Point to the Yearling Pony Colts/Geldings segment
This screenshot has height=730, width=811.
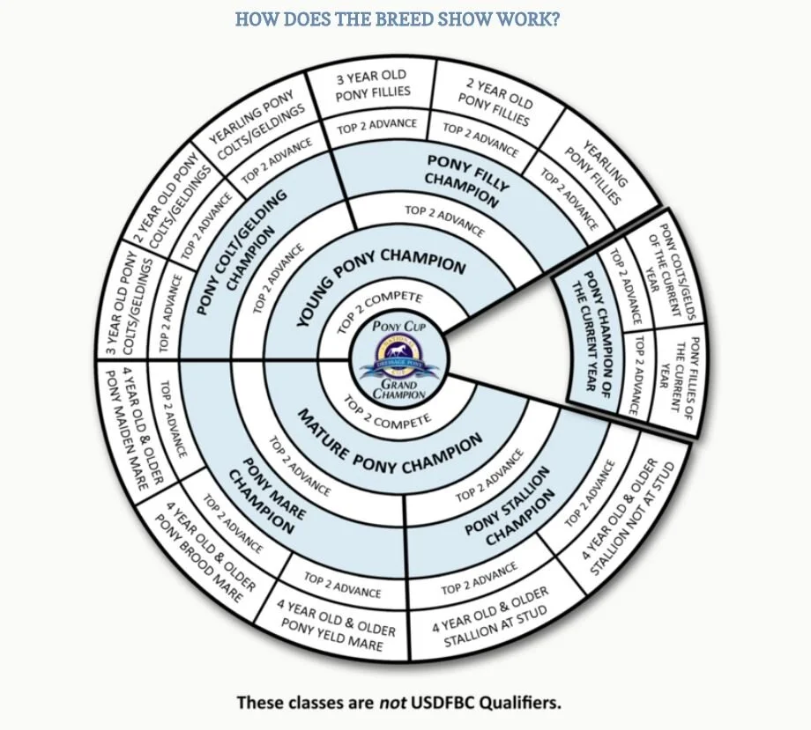[256, 129]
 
